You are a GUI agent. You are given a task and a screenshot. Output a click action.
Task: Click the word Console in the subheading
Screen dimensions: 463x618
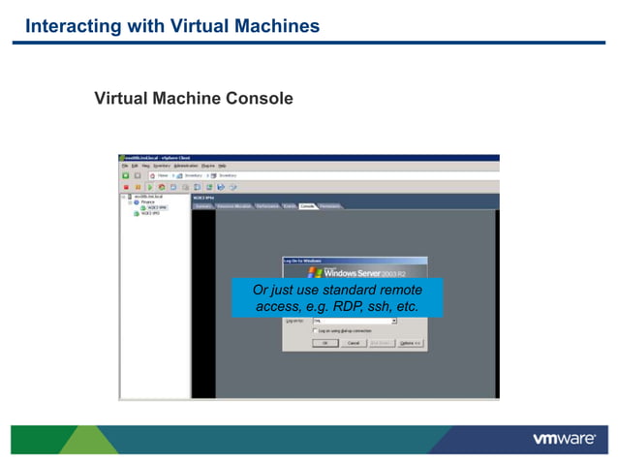pos(259,99)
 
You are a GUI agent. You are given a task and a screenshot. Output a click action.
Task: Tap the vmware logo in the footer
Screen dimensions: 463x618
pos(564,439)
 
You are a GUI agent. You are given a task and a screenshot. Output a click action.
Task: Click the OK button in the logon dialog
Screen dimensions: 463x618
pos(325,343)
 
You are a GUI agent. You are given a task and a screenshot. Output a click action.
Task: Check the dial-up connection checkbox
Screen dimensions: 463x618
pos(316,330)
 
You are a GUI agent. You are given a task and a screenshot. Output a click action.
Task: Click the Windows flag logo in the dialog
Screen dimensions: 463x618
pos(314,272)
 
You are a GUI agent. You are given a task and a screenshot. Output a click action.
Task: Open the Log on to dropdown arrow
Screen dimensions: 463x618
pos(395,321)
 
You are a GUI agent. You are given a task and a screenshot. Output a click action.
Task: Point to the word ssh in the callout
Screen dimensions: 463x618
pos(382,306)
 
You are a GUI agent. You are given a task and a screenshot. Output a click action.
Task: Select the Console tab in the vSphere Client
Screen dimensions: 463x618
pos(307,206)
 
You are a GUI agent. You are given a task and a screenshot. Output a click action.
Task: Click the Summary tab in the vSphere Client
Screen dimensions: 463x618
pos(203,206)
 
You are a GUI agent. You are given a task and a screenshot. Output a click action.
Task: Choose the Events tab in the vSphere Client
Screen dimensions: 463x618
pos(290,206)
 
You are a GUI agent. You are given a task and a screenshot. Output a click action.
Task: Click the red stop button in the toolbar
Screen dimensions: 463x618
pos(125,186)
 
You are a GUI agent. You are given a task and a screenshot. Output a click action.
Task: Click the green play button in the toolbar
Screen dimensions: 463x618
pos(149,186)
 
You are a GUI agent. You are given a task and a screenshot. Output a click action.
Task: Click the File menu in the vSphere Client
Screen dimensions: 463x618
pos(123,166)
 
